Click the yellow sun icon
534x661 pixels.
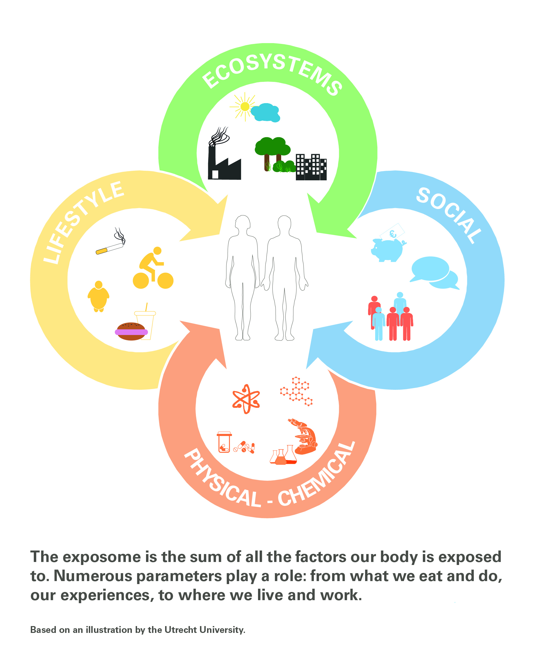pyautogui.click(x=245, y=107)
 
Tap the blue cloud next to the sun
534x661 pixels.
pyautogui.click(x=266, y=113)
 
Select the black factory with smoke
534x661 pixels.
pyautogui.click(x=224, y=160)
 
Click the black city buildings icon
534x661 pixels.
pyautogui.click(x=311, y=167)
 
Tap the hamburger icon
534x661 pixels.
pyautogui.click(x=131, y=331)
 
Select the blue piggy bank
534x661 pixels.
pyautogui.click(x=387, y=250)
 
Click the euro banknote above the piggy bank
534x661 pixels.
pyautogui.click(x=393, y=232)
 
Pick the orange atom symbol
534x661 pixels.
pyautogui.click(x=246, y=399)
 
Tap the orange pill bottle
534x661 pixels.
pyautogui.click(x=224, y=442)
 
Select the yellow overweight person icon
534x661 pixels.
pyautogui.click(x=98, y=296)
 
